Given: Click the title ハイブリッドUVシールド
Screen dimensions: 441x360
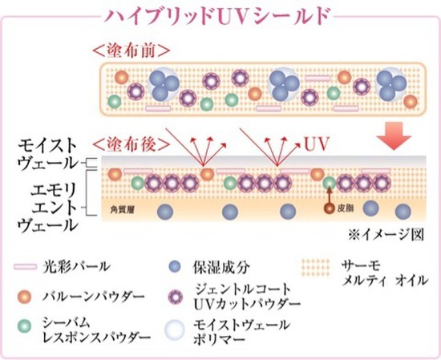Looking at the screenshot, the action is point(216,16).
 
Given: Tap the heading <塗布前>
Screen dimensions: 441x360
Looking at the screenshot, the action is point(131,51).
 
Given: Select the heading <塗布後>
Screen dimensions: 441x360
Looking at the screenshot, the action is point(131,144).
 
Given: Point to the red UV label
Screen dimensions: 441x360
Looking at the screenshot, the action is point(317,144).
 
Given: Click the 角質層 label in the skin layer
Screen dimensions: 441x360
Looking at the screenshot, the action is point(123,209).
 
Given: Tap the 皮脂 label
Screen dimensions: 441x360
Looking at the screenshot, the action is point(346,208).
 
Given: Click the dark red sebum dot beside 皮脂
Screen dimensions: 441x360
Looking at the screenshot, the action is point(329,208).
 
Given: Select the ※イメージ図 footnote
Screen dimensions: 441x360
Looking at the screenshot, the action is point(386,235).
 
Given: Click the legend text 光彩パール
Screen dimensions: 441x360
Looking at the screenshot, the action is point(76,266).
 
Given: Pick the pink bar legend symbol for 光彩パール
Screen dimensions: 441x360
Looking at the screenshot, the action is point(26,267).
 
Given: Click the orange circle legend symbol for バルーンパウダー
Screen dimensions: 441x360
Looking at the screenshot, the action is point(25,297).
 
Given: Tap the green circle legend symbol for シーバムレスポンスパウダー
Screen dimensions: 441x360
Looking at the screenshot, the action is point(25,326).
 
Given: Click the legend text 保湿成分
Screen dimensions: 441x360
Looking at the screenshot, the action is point(221,267).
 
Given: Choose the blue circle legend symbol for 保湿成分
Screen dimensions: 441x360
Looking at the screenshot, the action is point(175,267).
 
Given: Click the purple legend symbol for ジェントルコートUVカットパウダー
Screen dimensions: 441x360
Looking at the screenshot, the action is point(175,297).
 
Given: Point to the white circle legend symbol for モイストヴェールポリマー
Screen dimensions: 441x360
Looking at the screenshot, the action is point(175,330).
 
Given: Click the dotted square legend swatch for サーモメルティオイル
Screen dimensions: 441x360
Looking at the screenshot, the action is point(316,268).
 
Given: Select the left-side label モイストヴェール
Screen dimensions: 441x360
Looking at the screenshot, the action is point(48,155).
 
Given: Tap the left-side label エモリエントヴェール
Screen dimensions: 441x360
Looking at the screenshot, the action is point(48,208).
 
